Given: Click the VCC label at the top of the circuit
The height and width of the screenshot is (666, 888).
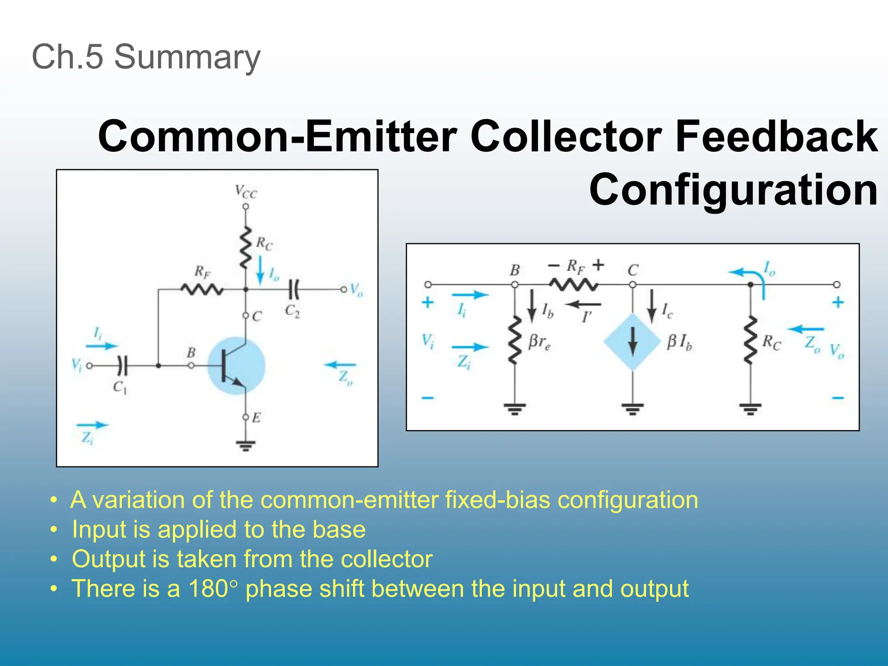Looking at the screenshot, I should point(246,192).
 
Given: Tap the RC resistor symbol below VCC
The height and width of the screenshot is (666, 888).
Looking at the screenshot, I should point(246,247).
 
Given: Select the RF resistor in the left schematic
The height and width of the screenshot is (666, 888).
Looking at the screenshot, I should point(202,289).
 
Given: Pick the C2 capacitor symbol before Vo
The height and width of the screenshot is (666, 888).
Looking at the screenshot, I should point(294,289).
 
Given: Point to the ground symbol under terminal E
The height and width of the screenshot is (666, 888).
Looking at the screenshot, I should point(246,445).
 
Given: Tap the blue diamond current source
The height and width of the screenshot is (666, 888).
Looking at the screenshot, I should point(633,342).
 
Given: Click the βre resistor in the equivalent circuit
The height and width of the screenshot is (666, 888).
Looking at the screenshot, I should point(515,341).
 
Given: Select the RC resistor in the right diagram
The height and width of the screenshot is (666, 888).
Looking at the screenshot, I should point(750,341).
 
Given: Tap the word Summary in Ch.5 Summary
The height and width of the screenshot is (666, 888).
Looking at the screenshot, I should point(187,57).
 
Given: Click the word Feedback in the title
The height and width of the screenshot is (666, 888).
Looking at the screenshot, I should point(776,136).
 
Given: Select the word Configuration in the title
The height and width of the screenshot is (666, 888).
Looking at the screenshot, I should point(733,189).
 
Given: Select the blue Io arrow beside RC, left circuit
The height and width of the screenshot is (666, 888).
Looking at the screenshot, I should point(260,271).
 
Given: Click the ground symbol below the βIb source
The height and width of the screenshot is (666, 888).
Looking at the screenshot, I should point(633,408).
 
